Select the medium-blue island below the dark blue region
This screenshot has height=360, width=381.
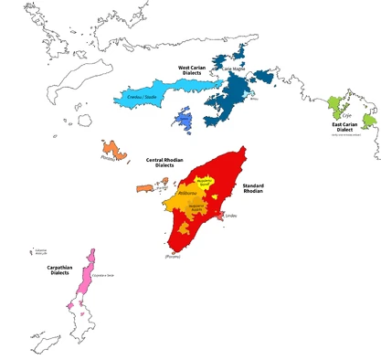(x=183, y=121)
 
